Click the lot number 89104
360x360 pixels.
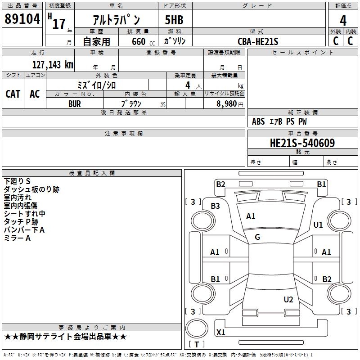pyautogui.click(x=22, y=19)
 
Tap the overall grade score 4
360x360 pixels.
pyautogui.click(x=343, y=20)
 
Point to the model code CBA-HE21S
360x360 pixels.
pyautogui.click(x=258, y=41)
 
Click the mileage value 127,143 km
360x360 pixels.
pyautogui.click(x=53, y=64)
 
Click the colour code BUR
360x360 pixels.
pyautogui.click(x=75, y=103)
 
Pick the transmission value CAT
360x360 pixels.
pyautogui.click(x=13, y=94)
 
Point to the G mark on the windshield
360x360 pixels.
pyautogui.click(x=257, y=237)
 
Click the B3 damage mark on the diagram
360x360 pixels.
pyautogui.click(x=216, y=206)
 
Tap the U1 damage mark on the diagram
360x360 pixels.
pyautogui.click(x=318, y=225)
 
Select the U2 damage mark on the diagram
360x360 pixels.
pyautogui.click(x=288, y=299)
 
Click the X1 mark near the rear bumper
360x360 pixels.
pyautogui.click(x=220, y=333)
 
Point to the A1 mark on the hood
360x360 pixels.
pyautogui.click(x=251, y=216)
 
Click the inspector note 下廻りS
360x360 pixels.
pyautogui.click(x=17, y=181)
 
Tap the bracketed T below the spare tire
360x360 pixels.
pyautogui.click(x=197, y=344)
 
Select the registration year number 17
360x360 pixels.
pyautogui.click(x=58, y=23)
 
